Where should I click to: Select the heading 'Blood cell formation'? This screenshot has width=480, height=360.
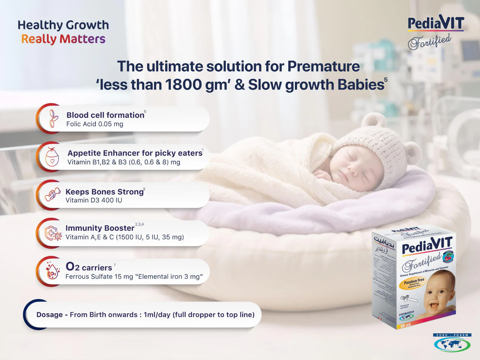tap(105, 115)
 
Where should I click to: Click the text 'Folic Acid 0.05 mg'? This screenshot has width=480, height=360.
tap(94, 124)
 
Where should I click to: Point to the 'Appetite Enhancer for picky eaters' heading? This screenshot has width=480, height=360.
tap(135, 153)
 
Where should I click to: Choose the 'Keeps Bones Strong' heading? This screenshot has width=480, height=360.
tap(104, 192)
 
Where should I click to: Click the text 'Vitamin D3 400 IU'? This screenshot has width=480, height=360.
tap(94, 200)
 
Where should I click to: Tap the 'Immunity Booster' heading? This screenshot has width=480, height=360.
tap(100, 228)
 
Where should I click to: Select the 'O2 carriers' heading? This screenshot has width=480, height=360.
tap(89, 267)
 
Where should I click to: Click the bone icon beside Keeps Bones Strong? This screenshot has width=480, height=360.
tap(52, 194)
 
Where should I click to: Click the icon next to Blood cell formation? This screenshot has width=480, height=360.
tap(54, 118)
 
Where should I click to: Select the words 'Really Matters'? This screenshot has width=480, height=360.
tap(63, 39)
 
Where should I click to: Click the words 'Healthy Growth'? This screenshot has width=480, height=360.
tap(63, 25)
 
